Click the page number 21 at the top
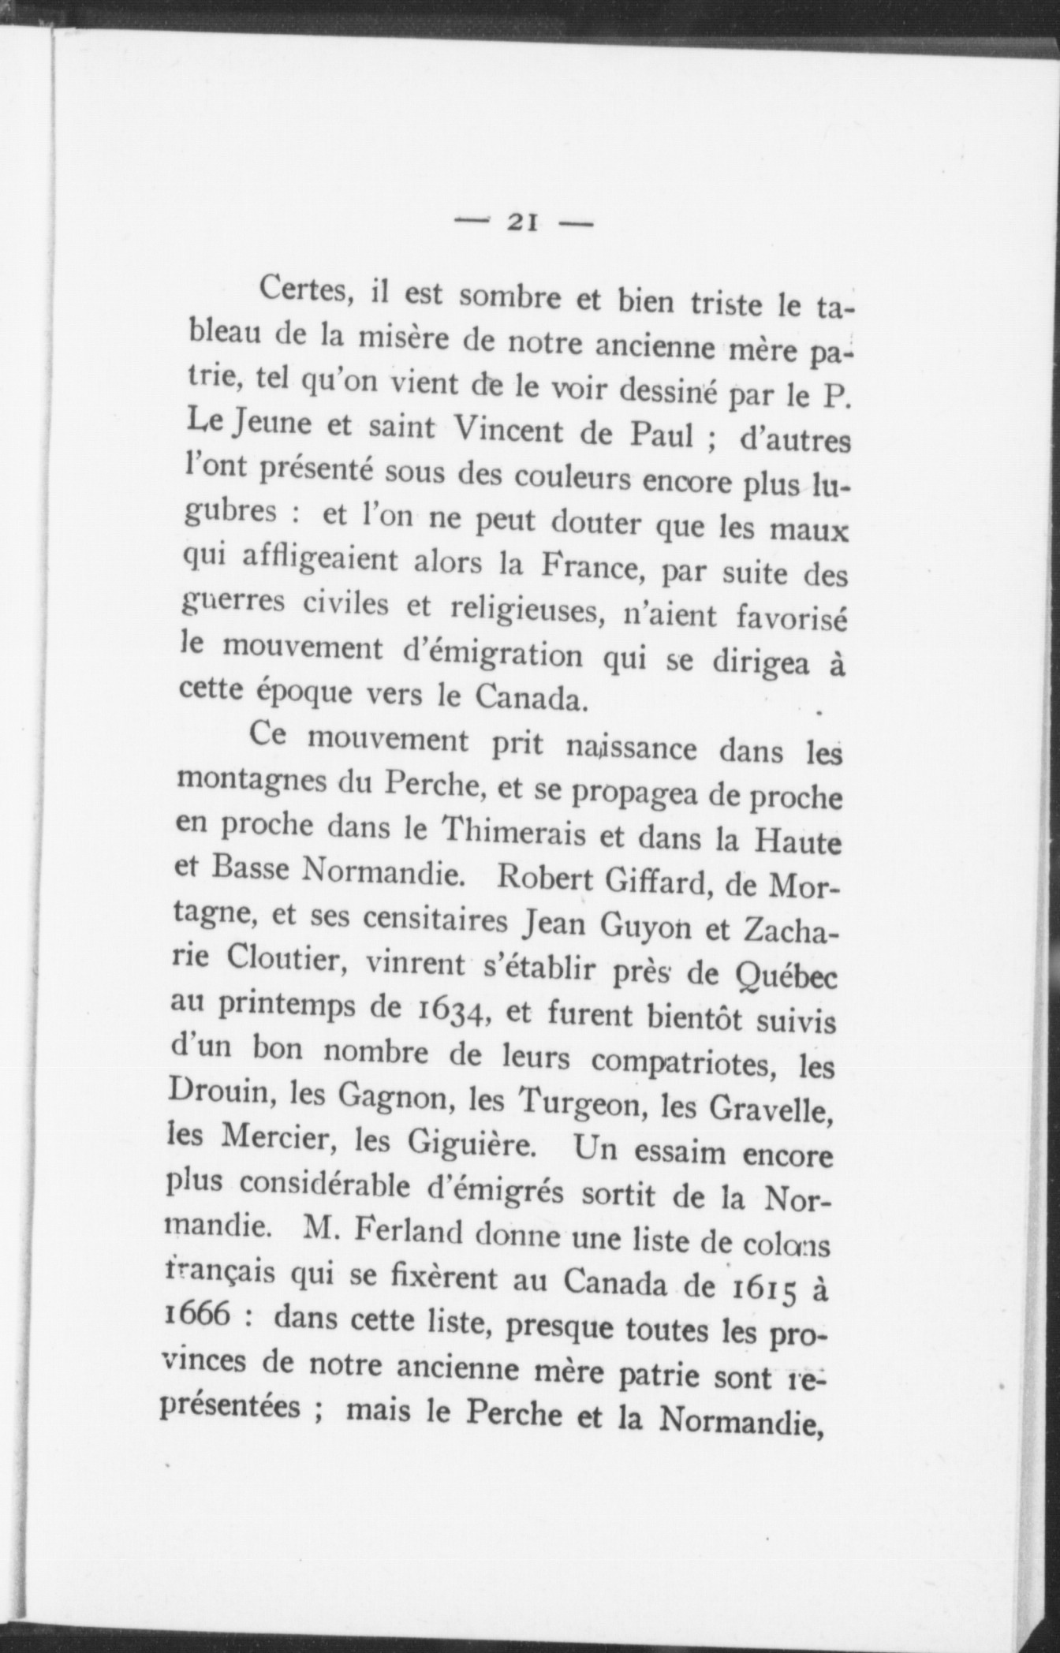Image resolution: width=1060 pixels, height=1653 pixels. [x=523, y=223]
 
